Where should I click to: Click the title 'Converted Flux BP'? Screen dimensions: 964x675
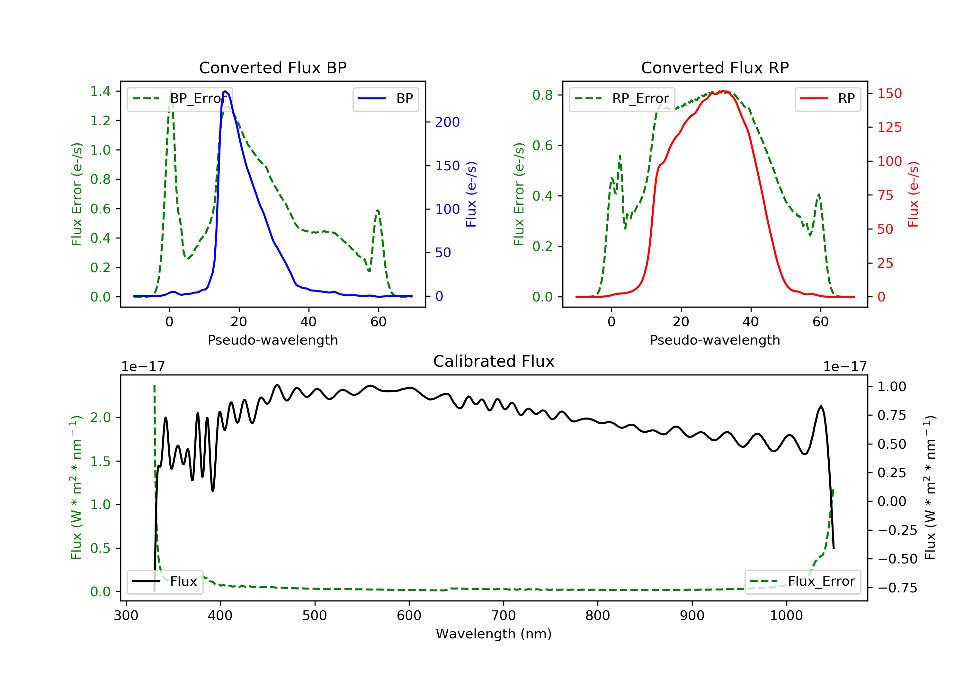click(x=272, y=67)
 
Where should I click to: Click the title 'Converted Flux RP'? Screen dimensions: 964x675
click(x=715, y=67)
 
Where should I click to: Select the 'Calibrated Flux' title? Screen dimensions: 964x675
click(x=494, y=361)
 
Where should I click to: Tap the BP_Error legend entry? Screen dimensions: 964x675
click(x=180, y=99)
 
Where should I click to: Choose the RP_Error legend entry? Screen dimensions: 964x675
click(x=622, y=99)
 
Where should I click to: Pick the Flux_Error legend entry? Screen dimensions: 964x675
click(x=802, y=581)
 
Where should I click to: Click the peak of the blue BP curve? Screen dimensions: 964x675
click(x=225, y=91)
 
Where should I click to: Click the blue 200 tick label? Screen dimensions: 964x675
click(x=447, y=122)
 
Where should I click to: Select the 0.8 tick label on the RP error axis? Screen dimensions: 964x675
click(x=542, y=95)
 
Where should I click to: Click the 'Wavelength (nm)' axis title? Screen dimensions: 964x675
click(x=494, y=634)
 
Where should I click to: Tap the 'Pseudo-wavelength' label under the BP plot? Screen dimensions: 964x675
click(x=273, y=340)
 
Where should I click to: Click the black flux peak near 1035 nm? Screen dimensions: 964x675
click(x=821, y=407)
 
